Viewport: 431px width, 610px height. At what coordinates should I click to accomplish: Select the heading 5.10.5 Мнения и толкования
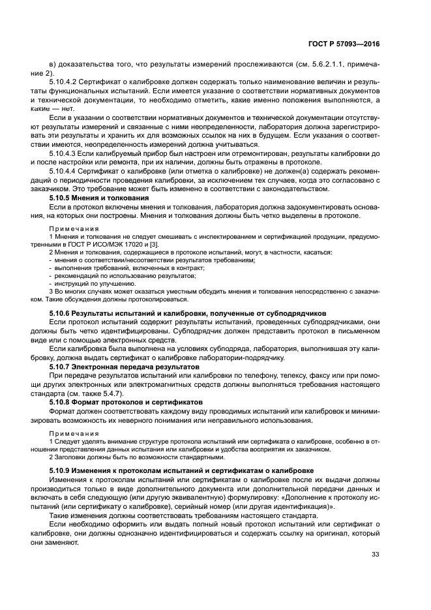click(100, 197)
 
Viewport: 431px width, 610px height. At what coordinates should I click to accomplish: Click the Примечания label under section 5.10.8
click(74, 433)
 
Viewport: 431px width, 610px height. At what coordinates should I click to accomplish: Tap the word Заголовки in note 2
click(70, 457)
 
